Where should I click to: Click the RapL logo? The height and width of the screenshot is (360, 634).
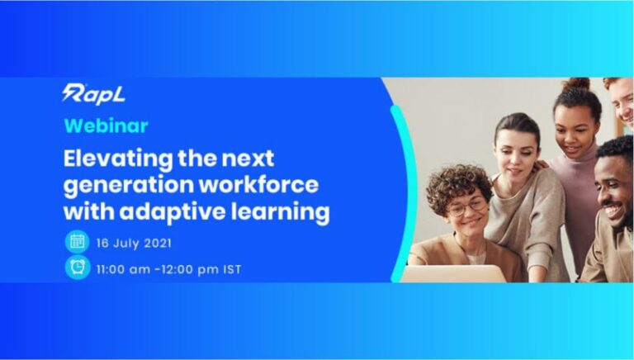94,94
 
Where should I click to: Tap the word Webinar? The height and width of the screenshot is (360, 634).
106,126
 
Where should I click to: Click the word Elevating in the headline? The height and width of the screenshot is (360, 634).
118,159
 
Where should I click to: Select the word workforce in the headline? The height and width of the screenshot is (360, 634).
259,184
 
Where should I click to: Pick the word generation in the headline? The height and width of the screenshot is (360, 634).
129,186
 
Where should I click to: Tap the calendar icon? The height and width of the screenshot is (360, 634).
78,242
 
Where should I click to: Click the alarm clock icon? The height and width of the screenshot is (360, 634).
78,268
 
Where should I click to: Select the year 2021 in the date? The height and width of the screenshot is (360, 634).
158,243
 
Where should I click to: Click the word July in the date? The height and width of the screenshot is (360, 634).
125,244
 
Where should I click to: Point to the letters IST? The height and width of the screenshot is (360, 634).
232,269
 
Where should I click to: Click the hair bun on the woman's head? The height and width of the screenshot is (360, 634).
577,85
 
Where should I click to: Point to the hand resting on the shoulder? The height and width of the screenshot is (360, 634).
540,164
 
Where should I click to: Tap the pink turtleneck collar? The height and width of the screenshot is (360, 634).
577,156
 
